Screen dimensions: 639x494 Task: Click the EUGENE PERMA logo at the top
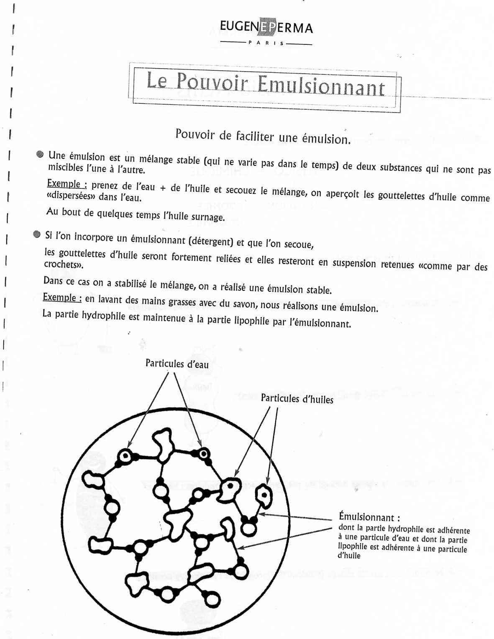coord(266,28)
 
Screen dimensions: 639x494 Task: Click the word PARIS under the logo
coord(266,43)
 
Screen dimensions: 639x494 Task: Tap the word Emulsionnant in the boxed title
coord(321,86)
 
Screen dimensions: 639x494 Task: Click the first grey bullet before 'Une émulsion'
coord(40,154)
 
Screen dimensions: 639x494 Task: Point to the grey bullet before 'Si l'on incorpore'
coord(37,234)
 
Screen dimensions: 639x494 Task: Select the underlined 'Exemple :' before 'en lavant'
coord(62,297)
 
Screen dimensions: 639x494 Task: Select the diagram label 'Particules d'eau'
coord(177,363)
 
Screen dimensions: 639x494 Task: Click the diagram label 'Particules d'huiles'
coord(297,398)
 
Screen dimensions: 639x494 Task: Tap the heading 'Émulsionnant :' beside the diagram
coord(369,517)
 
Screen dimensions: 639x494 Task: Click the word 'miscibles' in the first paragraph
coord(66,167)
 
